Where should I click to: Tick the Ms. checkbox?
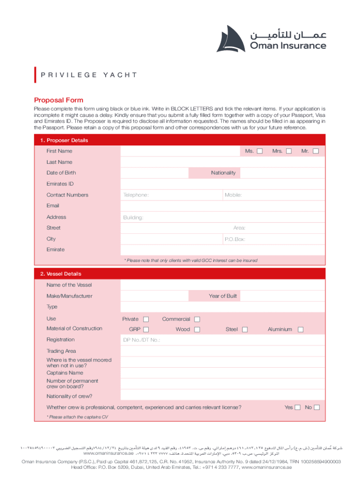point(260,151)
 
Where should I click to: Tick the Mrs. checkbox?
point(289,151)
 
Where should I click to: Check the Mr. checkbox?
point(316,151)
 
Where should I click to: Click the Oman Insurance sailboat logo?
point(231,38)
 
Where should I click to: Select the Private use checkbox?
point(146,319)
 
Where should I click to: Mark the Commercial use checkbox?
point(197,319)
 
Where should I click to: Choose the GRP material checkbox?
point(146,330)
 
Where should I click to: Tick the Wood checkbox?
point(197,330)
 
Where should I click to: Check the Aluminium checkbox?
point(301,330)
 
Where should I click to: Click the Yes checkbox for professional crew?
point(297,407)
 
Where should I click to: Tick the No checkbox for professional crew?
point(317,407)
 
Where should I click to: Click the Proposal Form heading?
point(58,100)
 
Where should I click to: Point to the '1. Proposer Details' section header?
point(64,140)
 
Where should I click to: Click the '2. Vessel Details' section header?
point(60,274)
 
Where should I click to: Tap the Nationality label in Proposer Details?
point(223,173)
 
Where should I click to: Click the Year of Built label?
point(223,296)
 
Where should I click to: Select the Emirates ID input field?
point(223,184)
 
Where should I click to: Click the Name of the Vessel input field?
point(223,285)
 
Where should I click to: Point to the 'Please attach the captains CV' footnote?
point(73,417)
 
